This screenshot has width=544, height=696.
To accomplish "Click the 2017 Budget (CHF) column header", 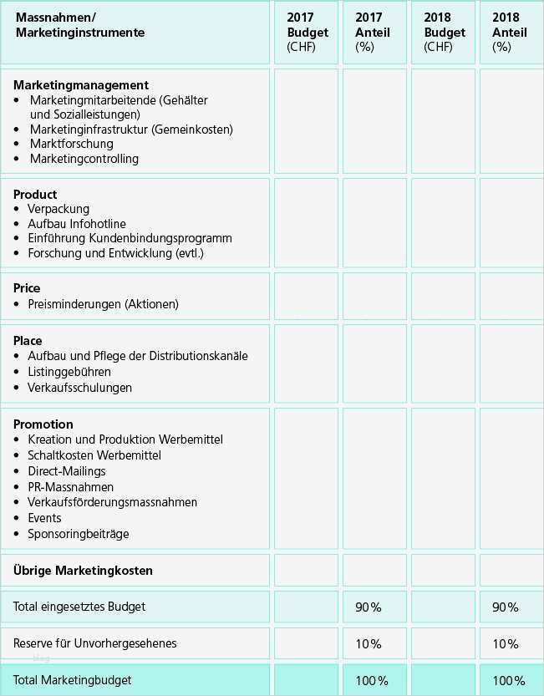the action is [307, 33].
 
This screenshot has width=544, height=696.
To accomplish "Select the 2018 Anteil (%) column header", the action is [510, 33].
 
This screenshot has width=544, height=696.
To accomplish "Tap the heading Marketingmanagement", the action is [81, 85].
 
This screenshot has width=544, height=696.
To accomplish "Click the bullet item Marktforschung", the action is [71, 144].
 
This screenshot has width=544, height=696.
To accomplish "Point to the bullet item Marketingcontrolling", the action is [84, 159].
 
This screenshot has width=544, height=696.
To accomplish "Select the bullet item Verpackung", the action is [58, 209].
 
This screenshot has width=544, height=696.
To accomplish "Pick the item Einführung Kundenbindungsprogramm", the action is [130, 238].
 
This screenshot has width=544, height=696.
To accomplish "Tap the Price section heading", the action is [27, 288].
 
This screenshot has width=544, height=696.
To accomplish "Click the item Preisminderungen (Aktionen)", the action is [103, 304].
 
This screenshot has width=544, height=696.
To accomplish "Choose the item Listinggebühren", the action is [69, 372].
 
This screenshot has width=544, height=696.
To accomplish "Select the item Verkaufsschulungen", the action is [79, 388].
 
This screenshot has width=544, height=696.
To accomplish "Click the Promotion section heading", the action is [43, 424].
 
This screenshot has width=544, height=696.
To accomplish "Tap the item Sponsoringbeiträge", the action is [78, 534].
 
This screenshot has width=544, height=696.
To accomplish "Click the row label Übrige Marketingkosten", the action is [83, 571].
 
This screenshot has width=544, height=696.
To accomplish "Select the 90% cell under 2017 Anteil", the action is [368, 607].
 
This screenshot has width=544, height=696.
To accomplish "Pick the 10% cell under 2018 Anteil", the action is [505, 644].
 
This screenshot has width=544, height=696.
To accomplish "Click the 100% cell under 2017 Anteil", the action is [371, 681].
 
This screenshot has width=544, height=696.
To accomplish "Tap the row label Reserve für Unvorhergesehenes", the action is [94, 643].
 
